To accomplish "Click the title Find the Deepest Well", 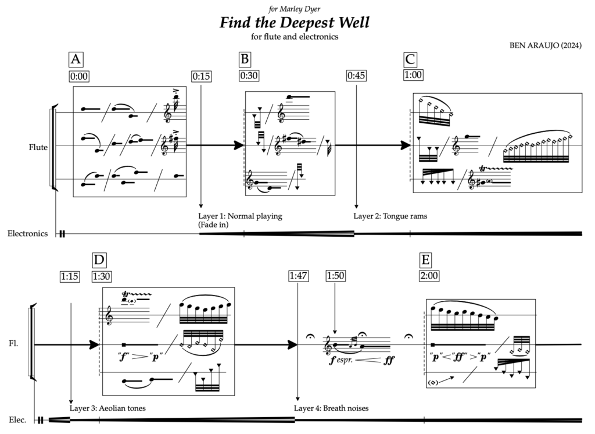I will tap(295, 23).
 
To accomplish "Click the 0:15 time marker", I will tap(200, 76).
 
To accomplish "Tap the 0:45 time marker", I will tap(356, 76).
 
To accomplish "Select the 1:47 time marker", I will tap(297, 276).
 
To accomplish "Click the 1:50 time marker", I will tap(335, 276).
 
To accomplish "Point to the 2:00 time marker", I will tap(429, 276).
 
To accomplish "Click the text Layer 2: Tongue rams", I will tap(390, 216).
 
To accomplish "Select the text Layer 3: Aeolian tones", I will tap(107, 408).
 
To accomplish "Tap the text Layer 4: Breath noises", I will tap(331, 408).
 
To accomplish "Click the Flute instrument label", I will tap(38, 147).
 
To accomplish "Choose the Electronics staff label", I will tap(27, 234).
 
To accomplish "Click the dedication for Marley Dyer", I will tap(294, 8).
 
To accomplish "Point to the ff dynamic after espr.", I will tap(389, 360).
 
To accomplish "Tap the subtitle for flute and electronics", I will tap(295, 36).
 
